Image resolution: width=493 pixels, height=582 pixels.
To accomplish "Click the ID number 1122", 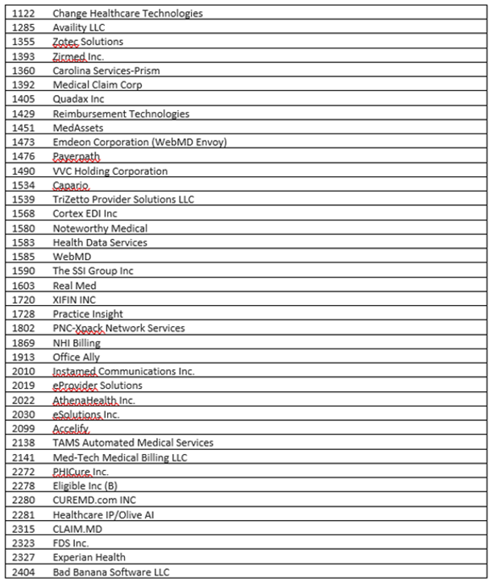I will tap(23, 13).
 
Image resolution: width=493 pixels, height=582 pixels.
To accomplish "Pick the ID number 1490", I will tap(23, 171).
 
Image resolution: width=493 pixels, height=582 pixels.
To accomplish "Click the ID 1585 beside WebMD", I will tap(23, 257).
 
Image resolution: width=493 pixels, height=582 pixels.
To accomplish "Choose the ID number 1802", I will tap(23, 328).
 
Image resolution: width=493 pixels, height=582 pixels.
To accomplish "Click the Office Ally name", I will tap(77, 357).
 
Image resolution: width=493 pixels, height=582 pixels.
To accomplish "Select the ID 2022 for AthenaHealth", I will tap(23, 399).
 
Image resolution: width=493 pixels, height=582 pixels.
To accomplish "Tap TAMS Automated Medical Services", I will tap(133, 443).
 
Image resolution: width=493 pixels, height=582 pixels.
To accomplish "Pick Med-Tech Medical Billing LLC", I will tap(120, 457).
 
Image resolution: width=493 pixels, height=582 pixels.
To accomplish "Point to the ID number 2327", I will tap(23, 557).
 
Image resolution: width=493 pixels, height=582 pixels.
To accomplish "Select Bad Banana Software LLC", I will tap(112, 572).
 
